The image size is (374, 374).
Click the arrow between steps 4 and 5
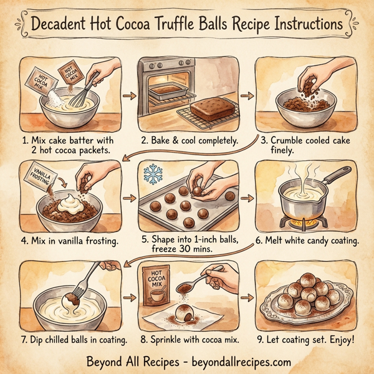click(x=129, y=198)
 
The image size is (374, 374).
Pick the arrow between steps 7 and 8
click(x=129, y=302)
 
